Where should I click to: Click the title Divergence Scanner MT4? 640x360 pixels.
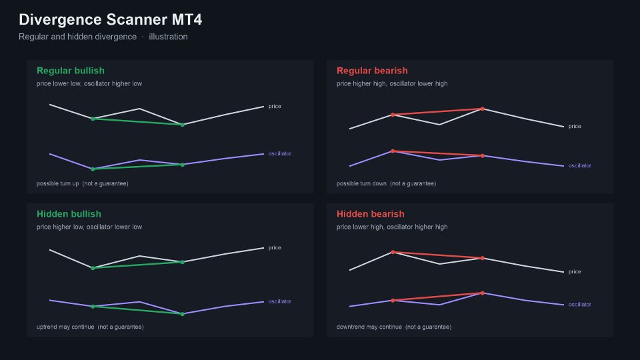point(110,19)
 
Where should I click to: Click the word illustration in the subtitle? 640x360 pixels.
point(168,37)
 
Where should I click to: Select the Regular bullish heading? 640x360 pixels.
point(71,71)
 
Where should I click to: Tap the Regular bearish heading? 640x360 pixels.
point(372,71)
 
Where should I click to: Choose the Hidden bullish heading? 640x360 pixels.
point(69,214)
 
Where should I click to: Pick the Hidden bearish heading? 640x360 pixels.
point(370,214)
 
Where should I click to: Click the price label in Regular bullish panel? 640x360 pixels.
point(275,107)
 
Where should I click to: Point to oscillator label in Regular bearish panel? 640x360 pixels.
point(579,166)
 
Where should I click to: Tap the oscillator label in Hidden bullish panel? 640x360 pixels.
point(279,301)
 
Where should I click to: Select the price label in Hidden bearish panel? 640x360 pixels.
point(575,272)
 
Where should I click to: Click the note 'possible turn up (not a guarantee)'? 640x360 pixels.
point(83,184)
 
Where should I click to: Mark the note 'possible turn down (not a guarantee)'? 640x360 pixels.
point(386,184)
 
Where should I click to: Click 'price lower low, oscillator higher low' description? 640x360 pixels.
point(89,84)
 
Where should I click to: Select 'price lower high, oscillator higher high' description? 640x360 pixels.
point(392,227)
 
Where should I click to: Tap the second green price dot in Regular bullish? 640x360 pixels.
point(183,125)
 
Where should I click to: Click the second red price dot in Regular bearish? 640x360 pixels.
point(483,109)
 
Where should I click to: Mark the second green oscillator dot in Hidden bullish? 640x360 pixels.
point(183,314)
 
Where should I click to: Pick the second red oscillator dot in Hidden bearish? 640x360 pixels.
point(483,293)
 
